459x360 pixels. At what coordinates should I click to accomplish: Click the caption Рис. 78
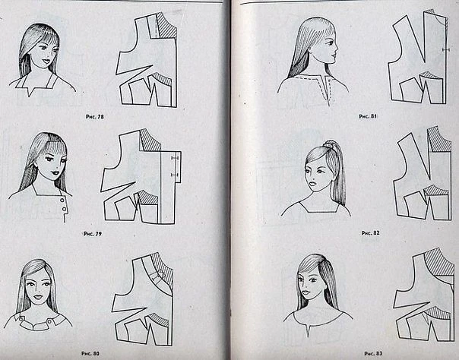point(94,117)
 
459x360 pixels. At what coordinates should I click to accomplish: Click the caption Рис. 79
point(93,234)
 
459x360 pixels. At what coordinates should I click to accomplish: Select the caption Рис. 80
point(90,353)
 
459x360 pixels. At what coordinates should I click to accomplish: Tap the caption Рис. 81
point(368,116)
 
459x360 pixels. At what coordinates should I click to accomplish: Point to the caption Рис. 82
point(370,233)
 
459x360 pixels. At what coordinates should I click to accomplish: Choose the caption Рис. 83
point(373,353)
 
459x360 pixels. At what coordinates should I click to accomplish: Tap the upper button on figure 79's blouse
point(62,200)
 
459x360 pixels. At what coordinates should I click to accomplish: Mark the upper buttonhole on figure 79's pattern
point(175,158)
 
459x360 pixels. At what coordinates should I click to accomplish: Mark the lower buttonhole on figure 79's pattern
point(175,175)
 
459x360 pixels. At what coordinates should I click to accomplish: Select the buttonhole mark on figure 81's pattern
point(446,50)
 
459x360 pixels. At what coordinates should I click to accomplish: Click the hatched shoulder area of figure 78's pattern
point(166,27)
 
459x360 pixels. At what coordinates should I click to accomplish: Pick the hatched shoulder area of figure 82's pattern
point(438,140)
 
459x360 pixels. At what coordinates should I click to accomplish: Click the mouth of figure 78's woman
point(46,62)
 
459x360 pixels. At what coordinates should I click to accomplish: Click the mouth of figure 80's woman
point(38,298)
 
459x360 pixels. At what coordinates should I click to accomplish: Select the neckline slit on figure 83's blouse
point(308,331)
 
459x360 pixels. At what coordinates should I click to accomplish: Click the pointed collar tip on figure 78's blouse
point(30,95)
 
